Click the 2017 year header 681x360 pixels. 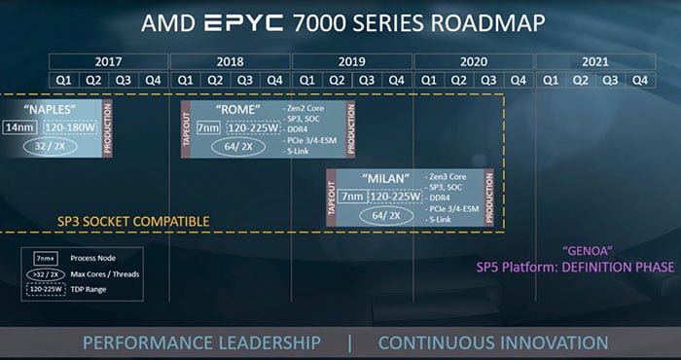tap(108, 60)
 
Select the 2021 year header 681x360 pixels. tap(594, 60)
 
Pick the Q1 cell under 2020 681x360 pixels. tap(428, 80)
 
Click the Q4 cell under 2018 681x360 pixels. tap(275, 80)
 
